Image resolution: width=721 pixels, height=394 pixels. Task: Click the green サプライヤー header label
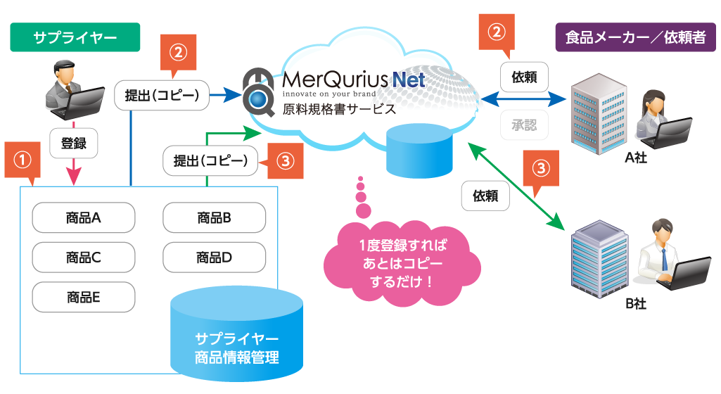click(75, 37)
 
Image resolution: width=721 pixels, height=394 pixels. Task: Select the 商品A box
click(84, 217)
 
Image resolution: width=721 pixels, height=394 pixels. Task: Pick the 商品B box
click(214, 217)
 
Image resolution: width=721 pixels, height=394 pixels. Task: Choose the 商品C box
click(84, 257)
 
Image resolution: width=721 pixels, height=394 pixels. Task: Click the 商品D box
click(214, 257)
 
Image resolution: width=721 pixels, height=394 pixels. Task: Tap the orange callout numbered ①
click(23, 160)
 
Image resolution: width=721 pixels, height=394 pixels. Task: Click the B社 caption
click(635, 304)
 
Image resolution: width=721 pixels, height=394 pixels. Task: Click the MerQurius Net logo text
click(353, 80)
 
